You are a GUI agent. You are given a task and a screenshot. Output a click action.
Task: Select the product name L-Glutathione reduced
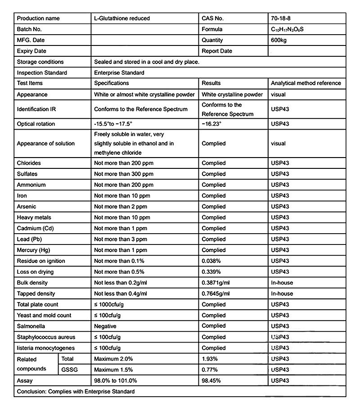click(x=122, y=18)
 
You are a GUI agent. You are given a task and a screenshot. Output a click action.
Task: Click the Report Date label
click(x=217, y=51)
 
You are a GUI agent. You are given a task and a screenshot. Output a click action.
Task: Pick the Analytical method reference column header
click(x=306, y=83)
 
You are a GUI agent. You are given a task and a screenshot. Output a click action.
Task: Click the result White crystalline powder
click(x=232, y=95)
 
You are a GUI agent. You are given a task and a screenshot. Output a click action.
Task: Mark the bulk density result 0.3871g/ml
click(x=216, y=283)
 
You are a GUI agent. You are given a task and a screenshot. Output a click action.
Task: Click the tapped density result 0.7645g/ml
click(x=216, y=294)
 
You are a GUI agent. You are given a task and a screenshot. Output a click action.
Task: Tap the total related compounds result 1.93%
click(x=210, y=359)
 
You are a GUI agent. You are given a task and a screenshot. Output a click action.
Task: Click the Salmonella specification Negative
click(x=105, y=326)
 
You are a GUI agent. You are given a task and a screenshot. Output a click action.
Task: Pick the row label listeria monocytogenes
click(x=46, y=348)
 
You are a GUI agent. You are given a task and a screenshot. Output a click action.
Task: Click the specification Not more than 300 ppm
click(x=124, y=174)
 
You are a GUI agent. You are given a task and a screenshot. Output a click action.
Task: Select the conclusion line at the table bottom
click(x=76, y=392)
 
